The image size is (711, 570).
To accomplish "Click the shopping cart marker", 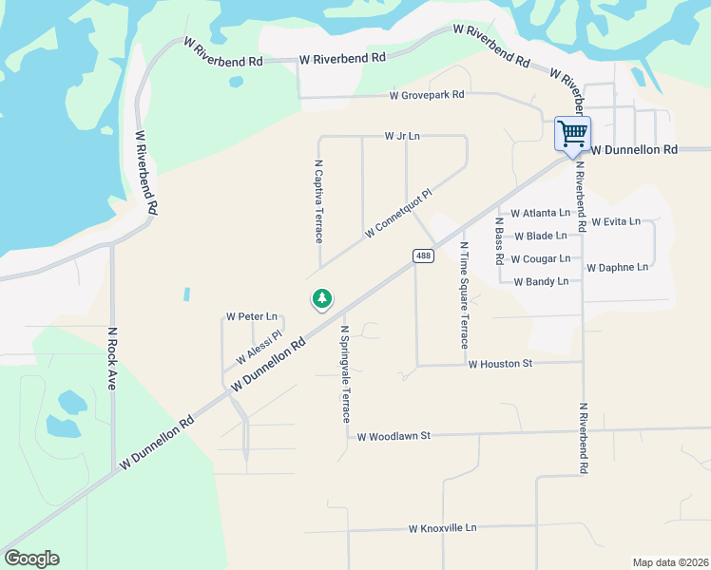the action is click(572, 133).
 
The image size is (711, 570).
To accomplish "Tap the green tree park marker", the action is click(322, 299).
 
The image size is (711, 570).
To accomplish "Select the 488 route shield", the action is click(423, 256).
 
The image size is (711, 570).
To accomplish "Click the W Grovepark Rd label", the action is click(427, 95).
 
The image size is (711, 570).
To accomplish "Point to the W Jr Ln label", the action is click(402, 137).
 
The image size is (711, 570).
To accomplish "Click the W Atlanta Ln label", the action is click(540, 214).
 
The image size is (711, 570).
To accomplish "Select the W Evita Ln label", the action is click(616, 221).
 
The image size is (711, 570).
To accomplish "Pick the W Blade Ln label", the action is click(539, 236).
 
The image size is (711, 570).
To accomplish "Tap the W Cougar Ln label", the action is click(540, 258).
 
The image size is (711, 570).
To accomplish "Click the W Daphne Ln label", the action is click(617, 268).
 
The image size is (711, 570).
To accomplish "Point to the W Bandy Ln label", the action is click(540, 281).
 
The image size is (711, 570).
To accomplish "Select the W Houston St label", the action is click(501, 364).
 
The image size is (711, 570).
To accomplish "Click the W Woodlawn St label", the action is click(394, 435).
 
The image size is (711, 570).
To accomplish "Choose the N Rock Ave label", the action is click(111, 360).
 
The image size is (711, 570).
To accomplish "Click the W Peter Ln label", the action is click(251, 316).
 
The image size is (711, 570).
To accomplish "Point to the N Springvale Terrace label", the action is click(346, 374).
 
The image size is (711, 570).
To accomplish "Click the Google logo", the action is click(31, 559).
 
